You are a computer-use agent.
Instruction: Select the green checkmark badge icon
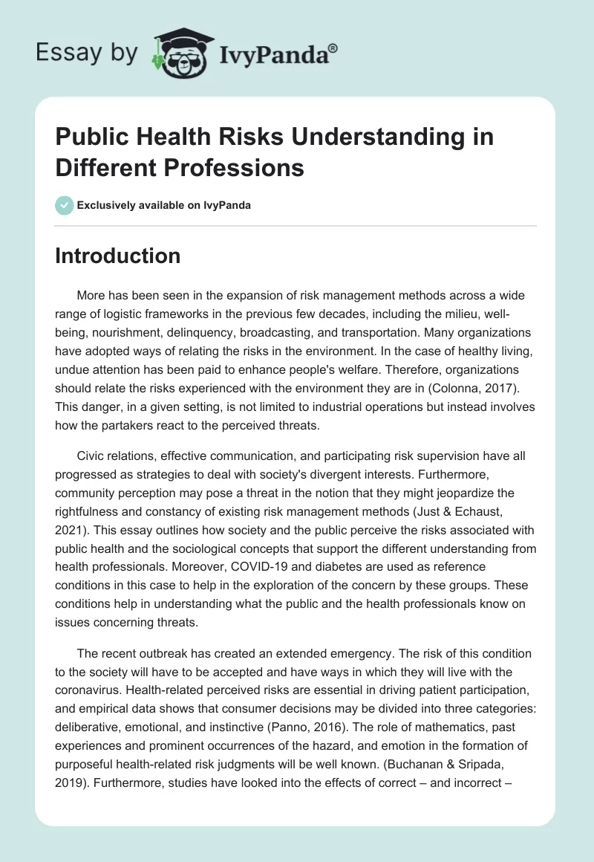[65, 205]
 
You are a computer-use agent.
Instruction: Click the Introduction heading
[118, 256]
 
